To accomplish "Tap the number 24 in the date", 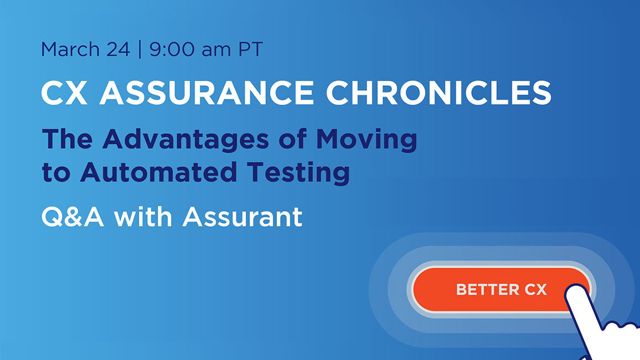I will [x=118, y=50].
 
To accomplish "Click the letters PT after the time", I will [x=250, y=50].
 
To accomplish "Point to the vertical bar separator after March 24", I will [x=139, y=50].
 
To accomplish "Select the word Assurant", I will [x=243, y=216].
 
